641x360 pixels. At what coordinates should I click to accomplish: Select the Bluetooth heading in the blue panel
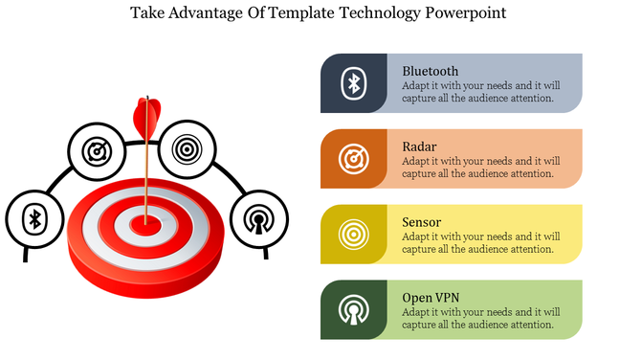click(430, 71)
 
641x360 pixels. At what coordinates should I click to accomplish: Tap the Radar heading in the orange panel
click(419, 146)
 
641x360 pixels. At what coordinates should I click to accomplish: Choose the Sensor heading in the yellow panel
click(421, 222)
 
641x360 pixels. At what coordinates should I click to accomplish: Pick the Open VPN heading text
click(431, 298)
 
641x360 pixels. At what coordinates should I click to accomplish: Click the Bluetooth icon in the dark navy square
click(354, 83)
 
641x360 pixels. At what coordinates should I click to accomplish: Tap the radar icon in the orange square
click(354, 158)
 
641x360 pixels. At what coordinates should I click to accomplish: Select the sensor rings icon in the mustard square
click(354, 234)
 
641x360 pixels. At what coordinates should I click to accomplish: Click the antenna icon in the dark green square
click(354, 309)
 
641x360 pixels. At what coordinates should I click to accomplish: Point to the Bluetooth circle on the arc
click(35, 218)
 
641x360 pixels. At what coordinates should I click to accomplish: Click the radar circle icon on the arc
click(97, 150)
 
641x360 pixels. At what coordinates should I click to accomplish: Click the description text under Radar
click(480, 168)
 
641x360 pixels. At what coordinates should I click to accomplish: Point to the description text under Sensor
click(480, 243)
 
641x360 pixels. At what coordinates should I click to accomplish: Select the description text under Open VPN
click(480, 319)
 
